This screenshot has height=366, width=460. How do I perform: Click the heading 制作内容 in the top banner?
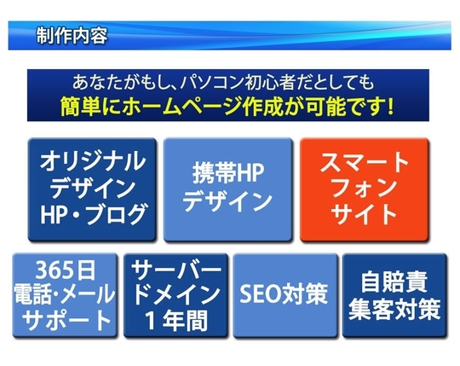[72, 36]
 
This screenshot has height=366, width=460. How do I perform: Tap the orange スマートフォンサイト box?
[365, 189]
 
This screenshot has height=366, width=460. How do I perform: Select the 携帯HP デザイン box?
[227, 189]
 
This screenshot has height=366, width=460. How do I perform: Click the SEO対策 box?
[285, 295]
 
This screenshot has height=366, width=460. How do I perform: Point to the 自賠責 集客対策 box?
[394, 295]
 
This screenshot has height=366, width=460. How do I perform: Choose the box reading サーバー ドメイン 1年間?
[175, 295]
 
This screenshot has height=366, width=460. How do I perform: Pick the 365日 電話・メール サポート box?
[65, 295]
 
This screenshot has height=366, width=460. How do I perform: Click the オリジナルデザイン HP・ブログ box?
[92, 189]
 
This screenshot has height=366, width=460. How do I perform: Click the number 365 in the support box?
[52, 270]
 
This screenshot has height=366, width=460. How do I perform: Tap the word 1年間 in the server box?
[176, 320]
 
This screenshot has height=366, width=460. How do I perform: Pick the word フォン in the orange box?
[365, 188]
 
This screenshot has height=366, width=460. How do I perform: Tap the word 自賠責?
[394, 282]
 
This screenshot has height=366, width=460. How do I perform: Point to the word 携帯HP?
[228, 173]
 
